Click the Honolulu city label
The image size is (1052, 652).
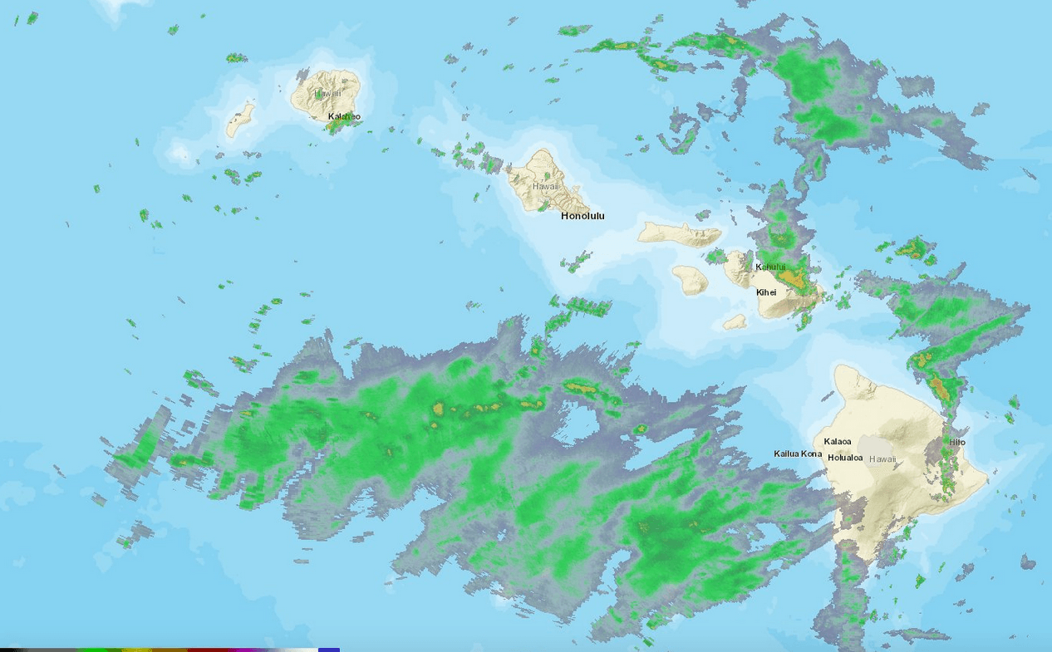tap(583, 216)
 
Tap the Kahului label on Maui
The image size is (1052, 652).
tap(770, 267)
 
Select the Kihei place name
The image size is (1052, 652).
tap(766, 292)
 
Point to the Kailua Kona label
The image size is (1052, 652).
tap(798, 453)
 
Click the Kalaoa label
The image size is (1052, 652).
tap(838, 442)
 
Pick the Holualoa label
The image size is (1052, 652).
tap(845, 458)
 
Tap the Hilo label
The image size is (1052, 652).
tap(957, 443)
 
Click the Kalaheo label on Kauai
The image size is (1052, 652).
tap(344, 116)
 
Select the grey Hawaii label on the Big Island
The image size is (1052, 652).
tap(882, 459)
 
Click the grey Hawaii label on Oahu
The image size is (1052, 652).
tap(546, 187)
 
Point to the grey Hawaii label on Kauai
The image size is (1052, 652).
tap(327, 93)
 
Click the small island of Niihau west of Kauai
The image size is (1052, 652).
tap(240, 120)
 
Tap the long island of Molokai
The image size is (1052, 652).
tap(677, 233)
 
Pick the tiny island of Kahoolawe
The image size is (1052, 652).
tap(734, 321)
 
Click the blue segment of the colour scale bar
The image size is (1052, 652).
tap(329, 650)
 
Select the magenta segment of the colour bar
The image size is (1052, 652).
tap(249, 650)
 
